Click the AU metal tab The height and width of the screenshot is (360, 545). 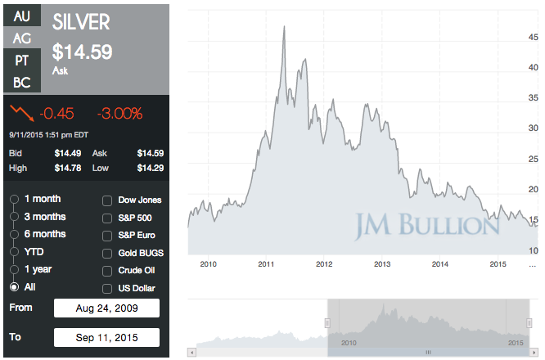22,15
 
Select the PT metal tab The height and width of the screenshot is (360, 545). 22,61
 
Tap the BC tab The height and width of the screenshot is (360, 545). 22,83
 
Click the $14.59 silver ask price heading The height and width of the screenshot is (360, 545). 82,52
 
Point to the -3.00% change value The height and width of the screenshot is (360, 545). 119,113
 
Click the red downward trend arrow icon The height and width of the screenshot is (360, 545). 21,112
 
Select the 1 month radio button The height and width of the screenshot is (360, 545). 14,200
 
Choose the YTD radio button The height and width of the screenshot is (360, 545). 14,252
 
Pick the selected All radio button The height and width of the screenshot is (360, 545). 14,287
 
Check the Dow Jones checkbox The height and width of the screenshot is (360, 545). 107,200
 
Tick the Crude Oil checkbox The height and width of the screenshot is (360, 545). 107,271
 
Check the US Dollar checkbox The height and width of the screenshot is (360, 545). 107,289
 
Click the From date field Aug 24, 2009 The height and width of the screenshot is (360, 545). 106,308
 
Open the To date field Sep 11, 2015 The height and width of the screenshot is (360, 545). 106,337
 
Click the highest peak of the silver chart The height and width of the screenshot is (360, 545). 283,27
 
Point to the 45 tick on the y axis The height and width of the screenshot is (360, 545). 532,37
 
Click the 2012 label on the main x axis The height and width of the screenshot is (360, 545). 324,264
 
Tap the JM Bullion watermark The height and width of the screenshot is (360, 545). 427,223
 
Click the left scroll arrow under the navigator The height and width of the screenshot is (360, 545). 192,353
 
